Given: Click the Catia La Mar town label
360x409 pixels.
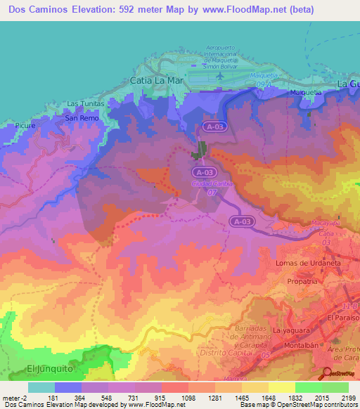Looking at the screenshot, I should tap(157, 82).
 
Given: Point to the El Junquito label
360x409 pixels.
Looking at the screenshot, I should tap(51, 368).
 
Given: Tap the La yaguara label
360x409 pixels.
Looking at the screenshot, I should tap(291, 330).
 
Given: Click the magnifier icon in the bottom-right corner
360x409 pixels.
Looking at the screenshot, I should tap(328, 373).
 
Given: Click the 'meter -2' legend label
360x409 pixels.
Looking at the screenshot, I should tap(15, 397).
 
